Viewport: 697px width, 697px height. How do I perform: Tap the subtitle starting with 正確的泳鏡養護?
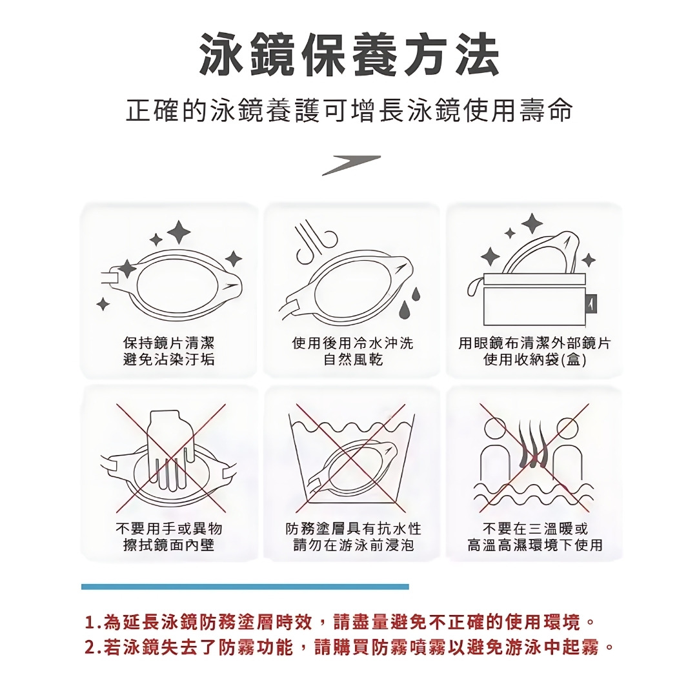[x=349, y=110]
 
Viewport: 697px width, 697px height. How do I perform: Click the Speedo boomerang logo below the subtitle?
[x=351, y=165]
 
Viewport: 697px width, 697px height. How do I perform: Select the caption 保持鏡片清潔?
[x=169, y=343]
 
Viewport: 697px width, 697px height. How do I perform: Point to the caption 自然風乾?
[x=353, y=359]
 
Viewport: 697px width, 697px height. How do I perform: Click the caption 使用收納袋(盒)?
[x=535, y=359]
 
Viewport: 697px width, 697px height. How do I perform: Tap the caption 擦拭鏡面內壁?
[x=169, y=545]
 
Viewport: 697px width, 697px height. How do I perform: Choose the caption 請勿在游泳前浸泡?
[x=354, y=545]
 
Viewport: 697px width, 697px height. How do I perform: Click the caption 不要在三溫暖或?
[x=535, y=529]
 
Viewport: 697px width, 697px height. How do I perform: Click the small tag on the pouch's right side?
[x=592, y=304]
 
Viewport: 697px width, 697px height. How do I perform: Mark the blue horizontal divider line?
[x=245, y=587]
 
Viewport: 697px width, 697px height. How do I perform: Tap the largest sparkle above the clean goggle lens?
[x=179, y=232]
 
